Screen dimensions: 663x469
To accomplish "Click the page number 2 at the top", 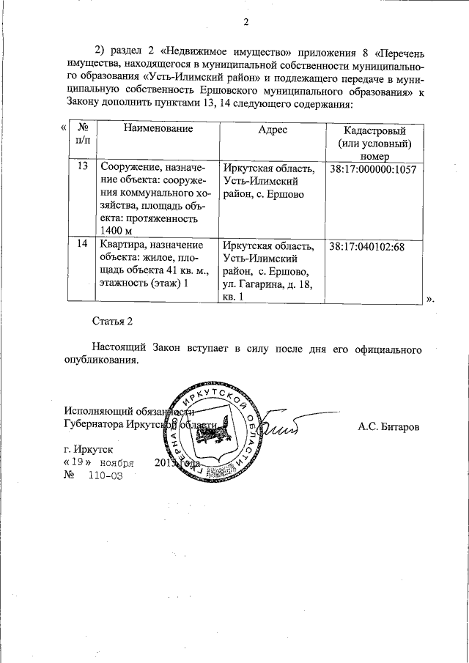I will [x=247, y=22].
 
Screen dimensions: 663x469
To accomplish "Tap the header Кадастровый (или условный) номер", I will [x=374, y=143].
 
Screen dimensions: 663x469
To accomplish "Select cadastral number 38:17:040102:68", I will [x=367, y=246].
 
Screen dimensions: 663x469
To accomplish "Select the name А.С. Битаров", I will [x=388, y=426].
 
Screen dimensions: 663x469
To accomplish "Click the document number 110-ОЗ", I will [x=104, y=475].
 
